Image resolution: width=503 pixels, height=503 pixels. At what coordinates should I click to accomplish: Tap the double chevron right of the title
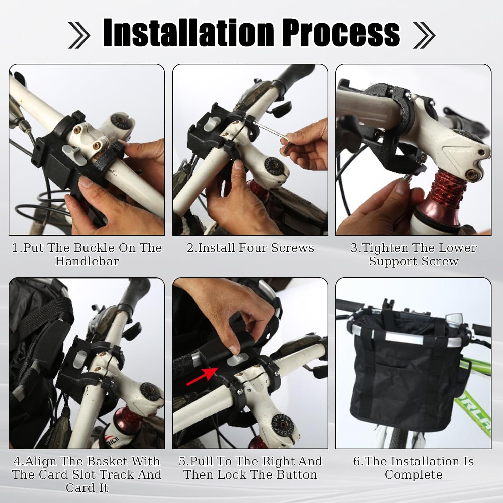(x=424, y=35)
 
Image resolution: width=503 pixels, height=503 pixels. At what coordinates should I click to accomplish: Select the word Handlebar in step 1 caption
(x=87, y=261)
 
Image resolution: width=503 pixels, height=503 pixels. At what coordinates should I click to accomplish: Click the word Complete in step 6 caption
(x=413, y=475)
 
